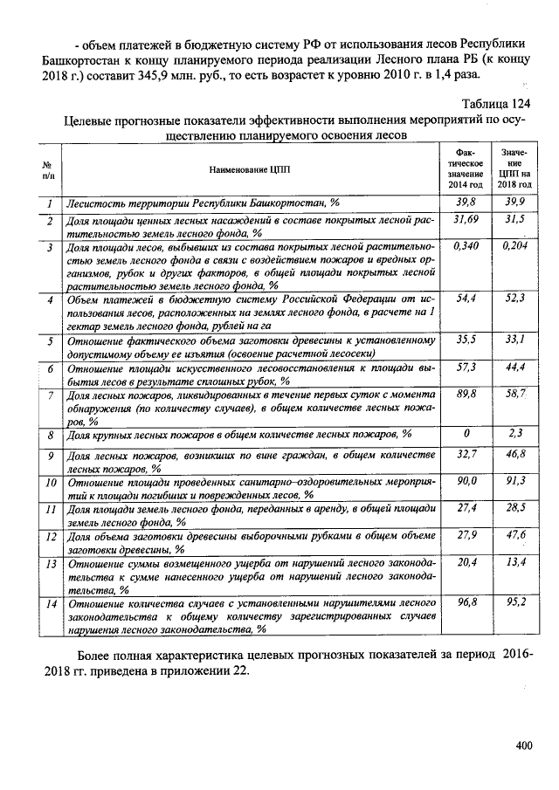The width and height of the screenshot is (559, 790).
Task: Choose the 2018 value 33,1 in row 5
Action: tap(515, 340)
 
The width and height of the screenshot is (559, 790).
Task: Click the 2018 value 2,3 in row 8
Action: tap(515, 433)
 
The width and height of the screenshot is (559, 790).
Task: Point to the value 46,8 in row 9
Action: tap(515, 455)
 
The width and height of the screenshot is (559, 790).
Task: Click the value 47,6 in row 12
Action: tap(515, 534)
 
